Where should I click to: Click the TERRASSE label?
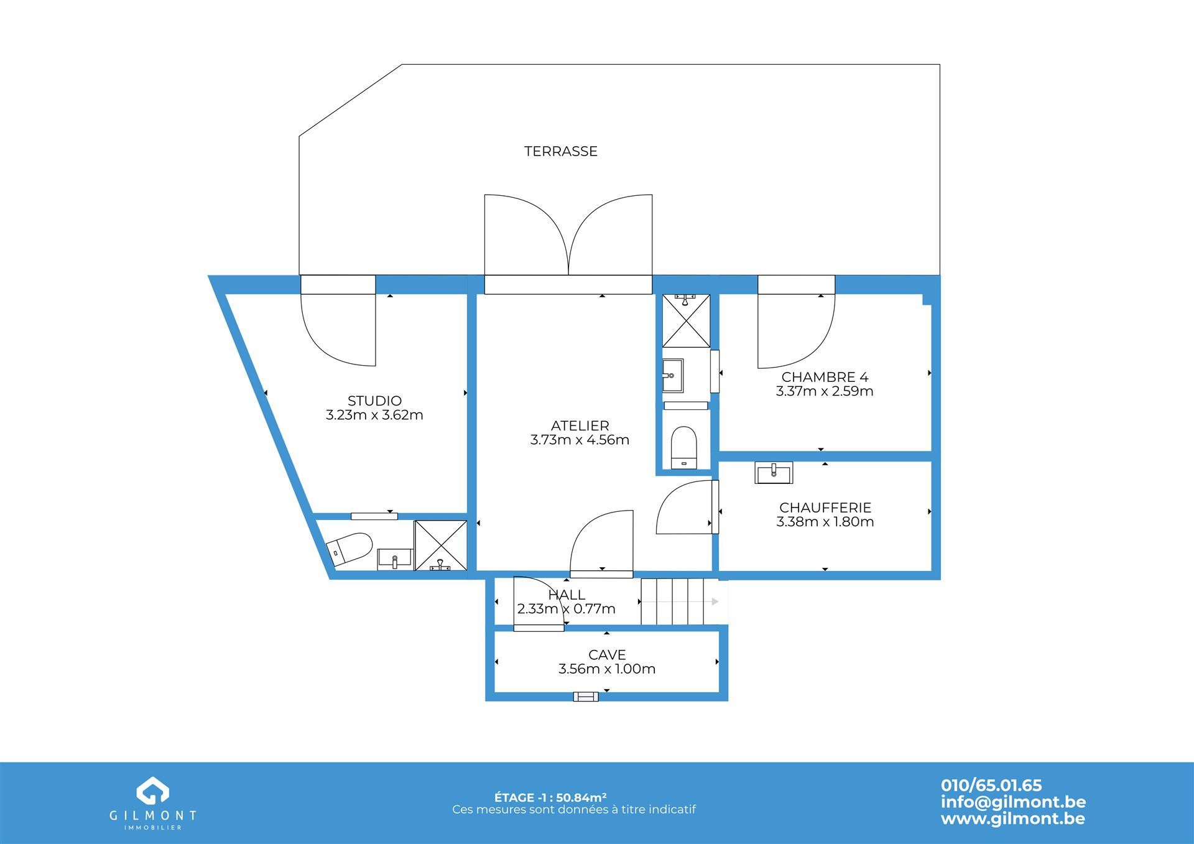point(560,151)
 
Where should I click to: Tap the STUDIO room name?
point(374,401)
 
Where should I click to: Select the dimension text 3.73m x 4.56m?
point(580,440)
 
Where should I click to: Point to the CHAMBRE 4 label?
point(825,377)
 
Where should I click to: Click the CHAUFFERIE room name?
point(825,508)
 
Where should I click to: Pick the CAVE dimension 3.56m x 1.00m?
point(607,669)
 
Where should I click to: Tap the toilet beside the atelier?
point(684,447)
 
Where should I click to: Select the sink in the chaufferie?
point(774,473)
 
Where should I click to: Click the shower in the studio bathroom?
point(440,545)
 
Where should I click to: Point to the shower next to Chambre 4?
point(686,320)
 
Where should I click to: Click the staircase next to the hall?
point(672,601)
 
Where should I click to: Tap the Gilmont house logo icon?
point(153,791)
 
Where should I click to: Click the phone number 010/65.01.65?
point(991,786)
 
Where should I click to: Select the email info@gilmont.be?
point(1013,802)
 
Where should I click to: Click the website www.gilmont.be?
point(1013,818)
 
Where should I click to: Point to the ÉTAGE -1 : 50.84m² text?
point(550,797)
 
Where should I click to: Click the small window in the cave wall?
point(586,697)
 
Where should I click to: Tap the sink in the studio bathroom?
point(395,559)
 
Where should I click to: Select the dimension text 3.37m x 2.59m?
point(825,391)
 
